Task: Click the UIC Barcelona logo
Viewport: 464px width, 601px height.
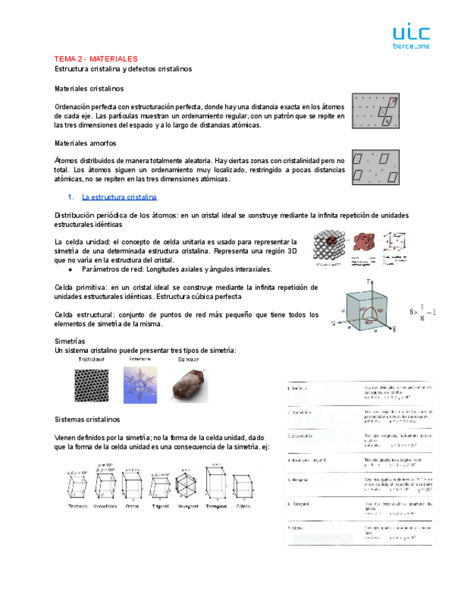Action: pyautogui.click(x=410, y=37)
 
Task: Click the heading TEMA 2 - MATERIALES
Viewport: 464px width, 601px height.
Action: pyautogui.click(x=96, y=59)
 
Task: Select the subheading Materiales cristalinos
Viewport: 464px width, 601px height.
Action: pyautogui.click(x=89, y=89)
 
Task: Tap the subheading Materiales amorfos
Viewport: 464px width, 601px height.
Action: pyautogui.click(x=85, y=143)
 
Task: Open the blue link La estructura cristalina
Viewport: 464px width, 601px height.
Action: pyautogui.click(x=119, y=197)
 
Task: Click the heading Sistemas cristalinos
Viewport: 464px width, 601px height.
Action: pyautogui.click(x=88, y=420)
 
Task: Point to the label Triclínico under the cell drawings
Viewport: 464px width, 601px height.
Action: pyautogui.click(x=77, y=507)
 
